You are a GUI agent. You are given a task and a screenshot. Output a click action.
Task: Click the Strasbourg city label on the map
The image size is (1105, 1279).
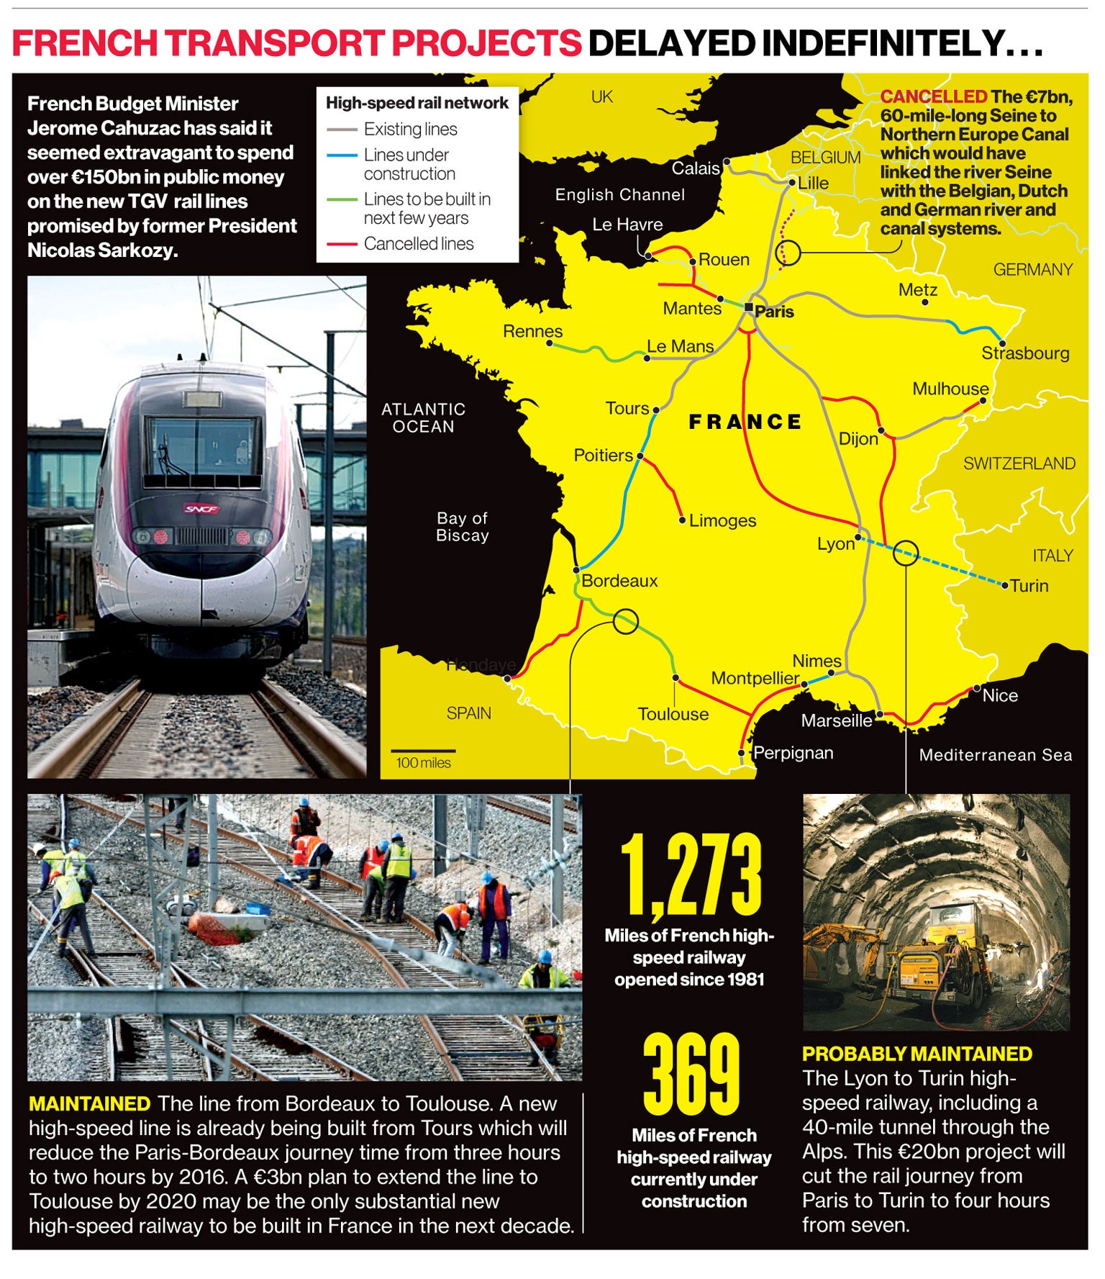[x=1024, y=353]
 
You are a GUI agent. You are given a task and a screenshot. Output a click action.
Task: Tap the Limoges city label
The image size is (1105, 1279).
[x=722, y=520]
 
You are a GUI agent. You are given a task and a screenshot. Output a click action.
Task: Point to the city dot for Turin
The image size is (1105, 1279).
[x=1005, y=586]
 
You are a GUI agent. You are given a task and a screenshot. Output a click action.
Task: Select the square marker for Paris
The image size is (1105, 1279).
[x=749, y=307]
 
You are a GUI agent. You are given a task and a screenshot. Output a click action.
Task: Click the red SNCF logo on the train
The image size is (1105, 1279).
[x=201, y=509]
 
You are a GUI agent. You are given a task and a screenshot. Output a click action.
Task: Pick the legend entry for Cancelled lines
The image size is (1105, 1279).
[x=418, y=244]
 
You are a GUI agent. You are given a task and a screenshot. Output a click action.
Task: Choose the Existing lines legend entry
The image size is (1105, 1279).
[x=410, y=130]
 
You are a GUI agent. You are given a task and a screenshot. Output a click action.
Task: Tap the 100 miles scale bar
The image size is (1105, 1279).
[x=423, y=752]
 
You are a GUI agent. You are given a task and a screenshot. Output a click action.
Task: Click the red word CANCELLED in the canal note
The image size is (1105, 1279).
[x=933, y=96]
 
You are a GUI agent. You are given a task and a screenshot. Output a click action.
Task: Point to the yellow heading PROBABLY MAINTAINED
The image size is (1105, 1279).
[x=917, y=1054]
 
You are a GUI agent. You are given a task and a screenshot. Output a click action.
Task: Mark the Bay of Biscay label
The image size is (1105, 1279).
[x=462, y=527]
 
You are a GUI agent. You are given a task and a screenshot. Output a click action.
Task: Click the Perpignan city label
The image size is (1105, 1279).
[x=793, y=753]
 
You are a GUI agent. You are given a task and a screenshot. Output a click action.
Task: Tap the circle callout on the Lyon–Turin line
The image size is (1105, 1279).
[x=906, y=553]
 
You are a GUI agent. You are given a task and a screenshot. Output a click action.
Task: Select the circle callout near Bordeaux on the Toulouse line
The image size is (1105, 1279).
[x=625, y=621]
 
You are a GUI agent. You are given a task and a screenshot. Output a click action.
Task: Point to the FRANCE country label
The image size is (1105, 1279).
[x=745, y=422]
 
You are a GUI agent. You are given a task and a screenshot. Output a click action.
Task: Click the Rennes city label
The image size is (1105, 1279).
[x=532, y=331]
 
